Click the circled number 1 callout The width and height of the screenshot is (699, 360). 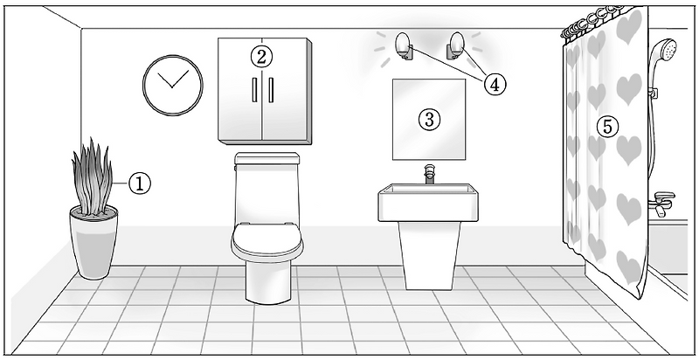pos(140,183)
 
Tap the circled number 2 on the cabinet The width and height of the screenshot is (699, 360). pos(261,56)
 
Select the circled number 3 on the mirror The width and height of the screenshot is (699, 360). pos(429,119)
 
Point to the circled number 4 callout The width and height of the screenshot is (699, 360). pos(495,83)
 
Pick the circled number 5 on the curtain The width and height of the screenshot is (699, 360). pos(607,127)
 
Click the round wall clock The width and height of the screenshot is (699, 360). pos(172,85)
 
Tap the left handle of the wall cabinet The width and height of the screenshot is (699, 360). pos(254,90)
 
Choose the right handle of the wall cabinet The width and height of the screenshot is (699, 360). pos(271,90)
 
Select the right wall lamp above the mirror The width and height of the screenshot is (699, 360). pos(455,45)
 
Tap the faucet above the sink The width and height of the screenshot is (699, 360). pos(429,174)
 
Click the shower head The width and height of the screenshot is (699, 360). pos(663,52)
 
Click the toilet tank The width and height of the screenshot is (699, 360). pos(267,187)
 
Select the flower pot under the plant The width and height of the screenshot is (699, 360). pos(93,242)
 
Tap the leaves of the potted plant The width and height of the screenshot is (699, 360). pos(92,177)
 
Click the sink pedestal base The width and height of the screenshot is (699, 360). pos(429,255)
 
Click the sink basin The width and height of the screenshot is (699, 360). pos(428,202)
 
